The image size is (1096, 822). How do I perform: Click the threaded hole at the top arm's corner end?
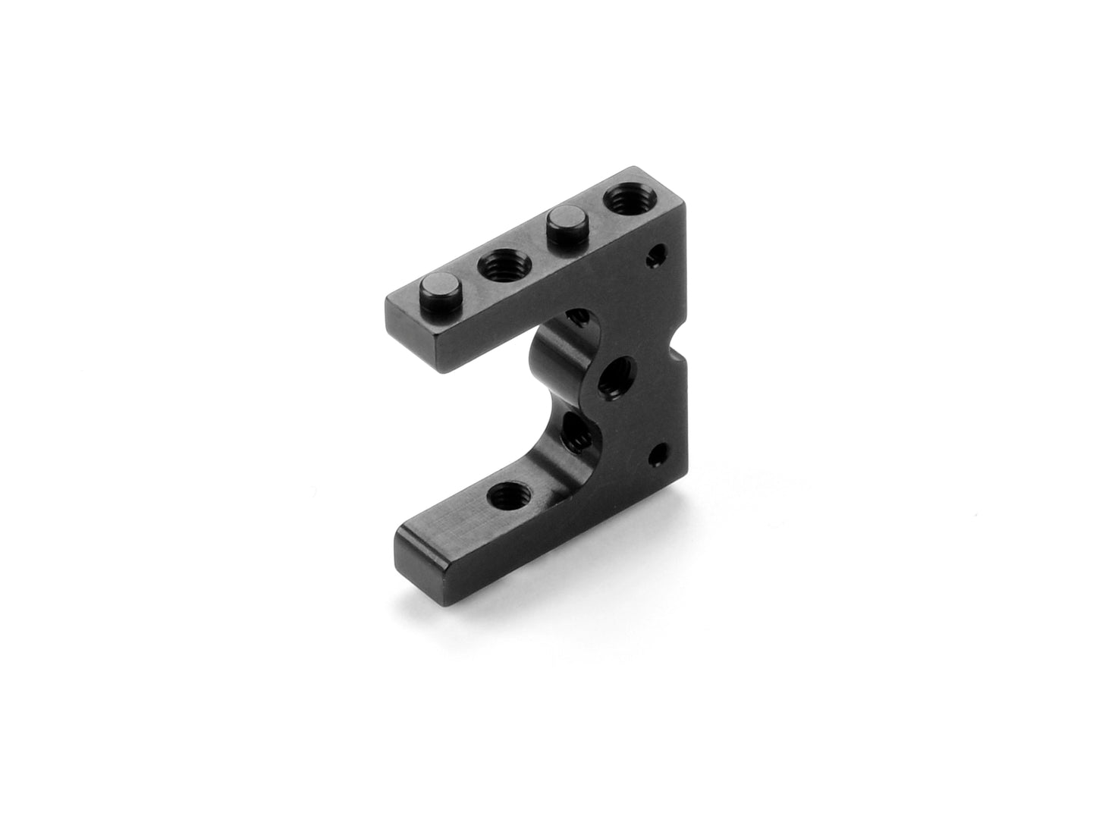click(621, 201)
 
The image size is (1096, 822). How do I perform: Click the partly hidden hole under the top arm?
click(579, 315)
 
